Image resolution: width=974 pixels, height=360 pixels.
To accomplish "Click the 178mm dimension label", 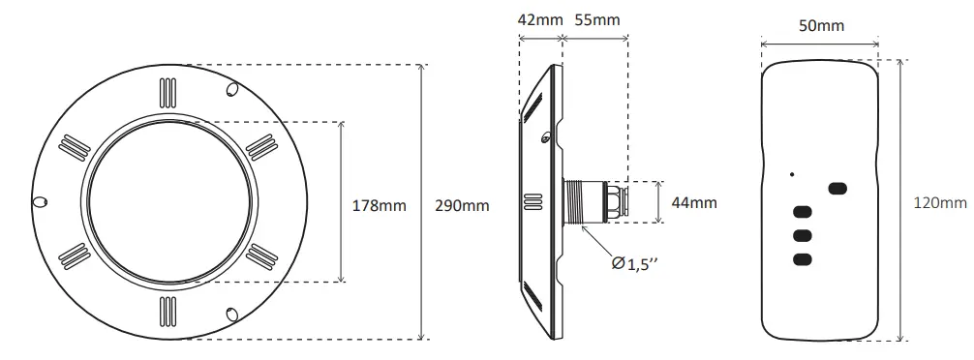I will pos(379,204).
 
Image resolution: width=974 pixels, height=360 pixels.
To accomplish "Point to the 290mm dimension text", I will pos(462,205).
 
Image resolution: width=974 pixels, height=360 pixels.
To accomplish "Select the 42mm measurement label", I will pos(538,19).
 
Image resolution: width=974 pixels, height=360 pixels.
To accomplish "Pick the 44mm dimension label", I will pos(694,202).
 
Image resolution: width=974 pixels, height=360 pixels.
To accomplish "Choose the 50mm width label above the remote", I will pos(821,26).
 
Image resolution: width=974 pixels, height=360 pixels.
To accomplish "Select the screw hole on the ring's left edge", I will pos(39,201).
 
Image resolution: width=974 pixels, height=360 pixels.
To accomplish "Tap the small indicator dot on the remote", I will pos(792,174).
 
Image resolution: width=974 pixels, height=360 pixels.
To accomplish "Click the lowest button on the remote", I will pos(802,258).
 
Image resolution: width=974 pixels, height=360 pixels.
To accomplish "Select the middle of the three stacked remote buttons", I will pos(802,235).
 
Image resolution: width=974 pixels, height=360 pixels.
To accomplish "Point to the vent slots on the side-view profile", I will pos(531,201).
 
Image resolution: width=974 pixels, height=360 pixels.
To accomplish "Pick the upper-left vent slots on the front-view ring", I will pos(72,146).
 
